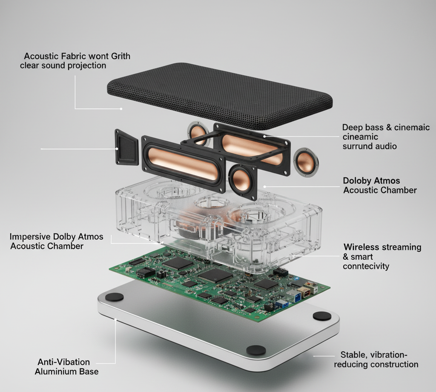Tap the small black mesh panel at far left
pos(127,148)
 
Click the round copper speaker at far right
pos(306,162)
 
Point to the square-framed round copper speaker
pos(242,182)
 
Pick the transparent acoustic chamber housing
pos(220,222)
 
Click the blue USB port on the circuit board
pos(296,297)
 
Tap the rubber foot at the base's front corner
pos(256,350)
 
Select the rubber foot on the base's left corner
pos(114,297)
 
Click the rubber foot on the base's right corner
pos(322,316)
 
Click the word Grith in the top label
pos(120,56)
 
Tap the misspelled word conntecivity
pos(366,266)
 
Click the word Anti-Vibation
pos(64,362)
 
